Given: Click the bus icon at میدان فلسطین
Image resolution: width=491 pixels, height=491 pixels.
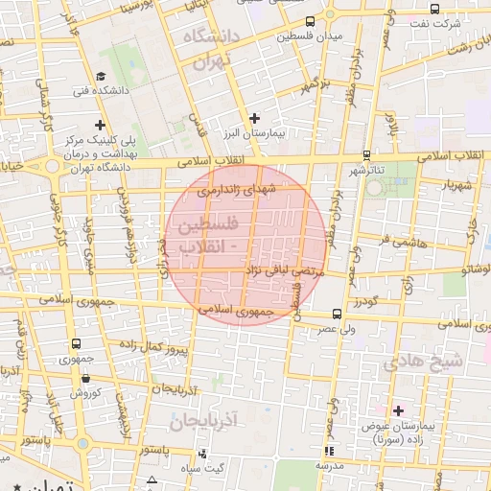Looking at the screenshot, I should pos(309,21).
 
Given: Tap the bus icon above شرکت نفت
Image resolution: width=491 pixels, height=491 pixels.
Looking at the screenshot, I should pos(434,8).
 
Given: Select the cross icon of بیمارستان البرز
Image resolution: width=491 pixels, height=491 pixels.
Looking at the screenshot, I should pos(254,118).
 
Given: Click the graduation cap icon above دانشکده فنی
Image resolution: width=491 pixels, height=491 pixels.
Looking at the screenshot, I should pos(102,77).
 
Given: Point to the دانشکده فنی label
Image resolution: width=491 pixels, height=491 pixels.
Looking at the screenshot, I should pos(100,92).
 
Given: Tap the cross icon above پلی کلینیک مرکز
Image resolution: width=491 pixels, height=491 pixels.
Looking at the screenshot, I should pos(100,125).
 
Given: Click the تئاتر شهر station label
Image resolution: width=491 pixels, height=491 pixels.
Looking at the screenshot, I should pos(365,170).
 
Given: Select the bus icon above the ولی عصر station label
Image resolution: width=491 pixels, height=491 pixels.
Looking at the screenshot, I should pos(336,314).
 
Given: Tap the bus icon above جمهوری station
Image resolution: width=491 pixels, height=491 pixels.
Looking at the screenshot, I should pos(75,344).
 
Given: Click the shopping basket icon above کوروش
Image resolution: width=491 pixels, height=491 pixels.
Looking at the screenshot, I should pos(83,377).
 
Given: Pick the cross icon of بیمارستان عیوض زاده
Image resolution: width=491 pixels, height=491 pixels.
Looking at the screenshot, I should pos(398,409).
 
